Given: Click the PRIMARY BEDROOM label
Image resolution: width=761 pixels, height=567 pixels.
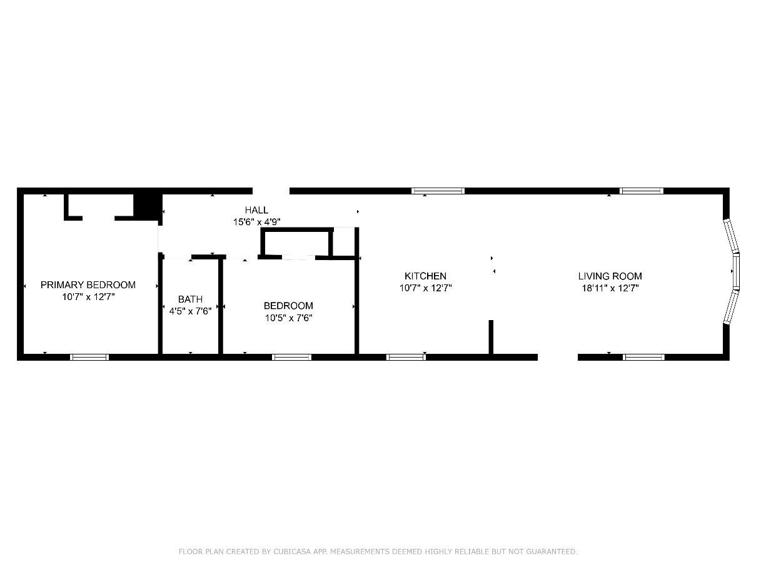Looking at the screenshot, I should pyautogui.click(x=88, y=285).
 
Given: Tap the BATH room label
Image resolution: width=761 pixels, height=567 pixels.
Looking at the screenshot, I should pyautogui.click(x=190, y=299).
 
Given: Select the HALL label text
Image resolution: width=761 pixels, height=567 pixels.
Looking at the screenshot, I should pyautogui.click(x=256, y=210).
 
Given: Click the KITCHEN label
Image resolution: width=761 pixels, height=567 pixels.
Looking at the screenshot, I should pyautogui.click(x=425, y=276).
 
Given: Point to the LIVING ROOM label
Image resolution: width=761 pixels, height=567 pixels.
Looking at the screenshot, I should pyautogui.click(x=610, y=276).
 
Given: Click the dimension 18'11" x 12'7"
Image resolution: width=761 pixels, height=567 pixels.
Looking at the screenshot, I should pyautogui.click(x=610, y=288).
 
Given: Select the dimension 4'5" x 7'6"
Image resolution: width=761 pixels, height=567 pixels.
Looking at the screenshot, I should pyautogui.click(x=190, y=311).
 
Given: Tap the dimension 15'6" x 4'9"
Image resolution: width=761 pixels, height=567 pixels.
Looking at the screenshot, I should pyautogui.click(x=256, y=221).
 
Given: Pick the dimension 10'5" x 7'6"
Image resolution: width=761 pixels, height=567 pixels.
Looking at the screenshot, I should pyautogui.click(x=288, y=318).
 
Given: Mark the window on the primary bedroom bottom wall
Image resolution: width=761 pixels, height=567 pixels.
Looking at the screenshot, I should pyautogui.click(x=89, y=357).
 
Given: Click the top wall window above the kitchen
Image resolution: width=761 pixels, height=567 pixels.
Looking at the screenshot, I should pyautogui.click(x=438, y=191).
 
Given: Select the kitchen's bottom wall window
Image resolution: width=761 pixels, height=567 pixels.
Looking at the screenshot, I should pyautogui.click(x=406, y=357).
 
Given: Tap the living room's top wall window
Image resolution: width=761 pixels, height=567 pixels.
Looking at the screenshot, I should pyautogui.click(x=641, y=191).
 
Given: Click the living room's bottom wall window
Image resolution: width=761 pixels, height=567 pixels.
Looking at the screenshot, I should pyautogui.click(x=643, y=357).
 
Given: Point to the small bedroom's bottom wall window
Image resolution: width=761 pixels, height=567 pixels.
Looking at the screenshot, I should pyautogui.click(x=291, y=357).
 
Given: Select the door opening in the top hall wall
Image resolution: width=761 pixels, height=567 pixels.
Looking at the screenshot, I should pyautogui.click(x=271, y=191).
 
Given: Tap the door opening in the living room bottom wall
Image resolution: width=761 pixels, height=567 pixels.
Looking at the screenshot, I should pyautogui.click(x=557, y=357).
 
